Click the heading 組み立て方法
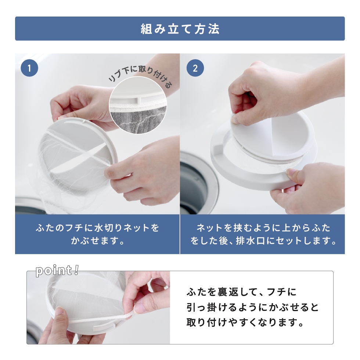[x=180, y=29]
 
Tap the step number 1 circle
[x=29, y=68]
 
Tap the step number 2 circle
[x=195, y=68]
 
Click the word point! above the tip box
[x=57, y=271]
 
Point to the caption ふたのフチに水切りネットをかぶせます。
[x=97, y=234]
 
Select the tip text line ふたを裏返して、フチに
[x=241, y=292]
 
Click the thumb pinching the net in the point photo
[x=141, y=305]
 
